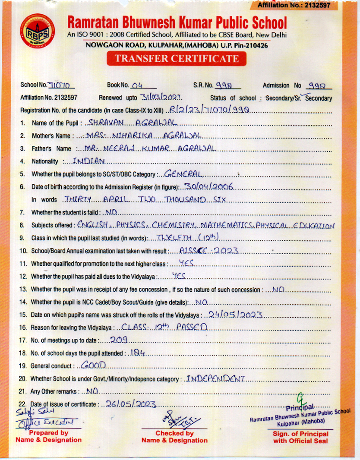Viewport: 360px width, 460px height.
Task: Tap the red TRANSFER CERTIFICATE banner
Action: tap(177, 59)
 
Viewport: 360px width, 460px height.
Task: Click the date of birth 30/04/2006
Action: tap(209, 186)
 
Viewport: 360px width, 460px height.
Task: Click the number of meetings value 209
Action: tap(117, 340)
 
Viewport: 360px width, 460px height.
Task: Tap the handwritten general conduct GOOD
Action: tap(94, 365)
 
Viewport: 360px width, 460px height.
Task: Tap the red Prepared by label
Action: tap(48, 433)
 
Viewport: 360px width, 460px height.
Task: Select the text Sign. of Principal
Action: tap(300, 434)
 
